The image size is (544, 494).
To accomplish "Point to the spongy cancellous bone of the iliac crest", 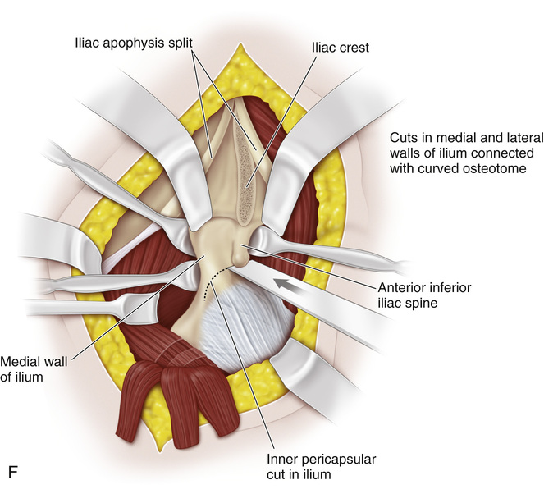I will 247,172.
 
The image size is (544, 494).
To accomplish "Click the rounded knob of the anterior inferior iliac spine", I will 239,252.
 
